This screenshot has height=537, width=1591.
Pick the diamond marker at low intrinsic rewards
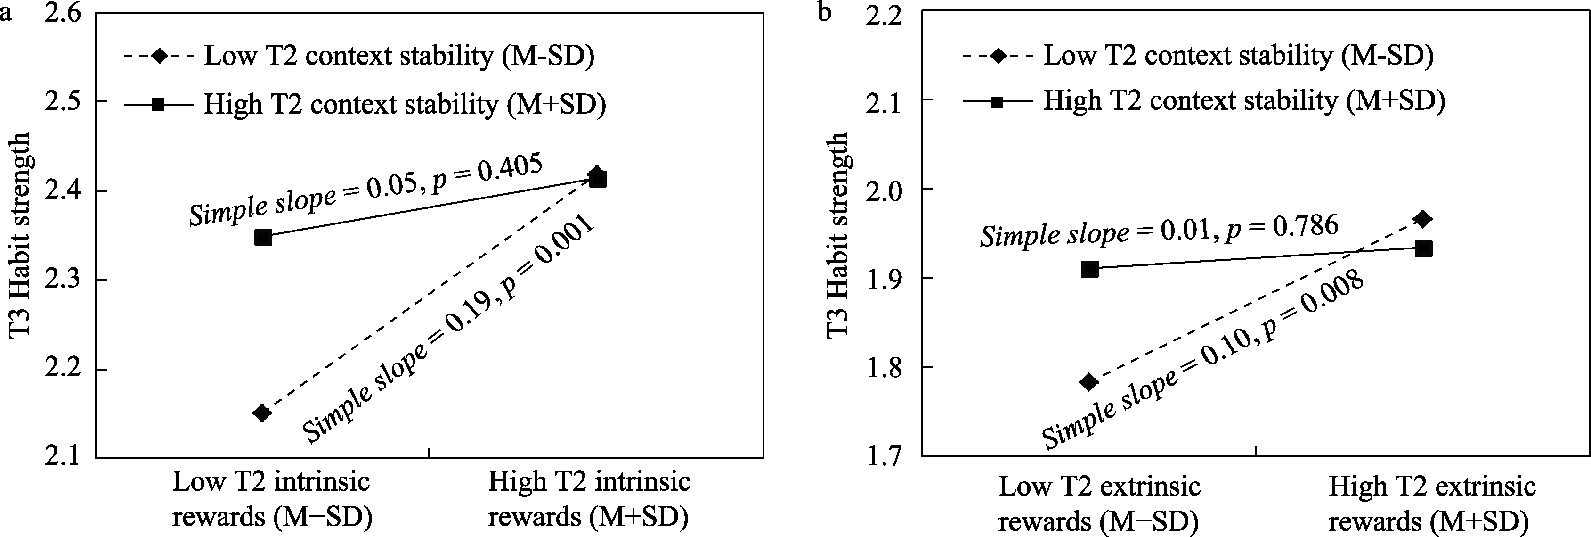coord(262,413)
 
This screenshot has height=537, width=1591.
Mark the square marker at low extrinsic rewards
coord(1089,269)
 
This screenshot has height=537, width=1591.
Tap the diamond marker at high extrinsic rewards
coord(1424,219)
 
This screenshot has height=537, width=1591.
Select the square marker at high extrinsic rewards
coord(1424,248)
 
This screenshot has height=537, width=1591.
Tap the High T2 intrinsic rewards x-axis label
coord(589,499)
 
